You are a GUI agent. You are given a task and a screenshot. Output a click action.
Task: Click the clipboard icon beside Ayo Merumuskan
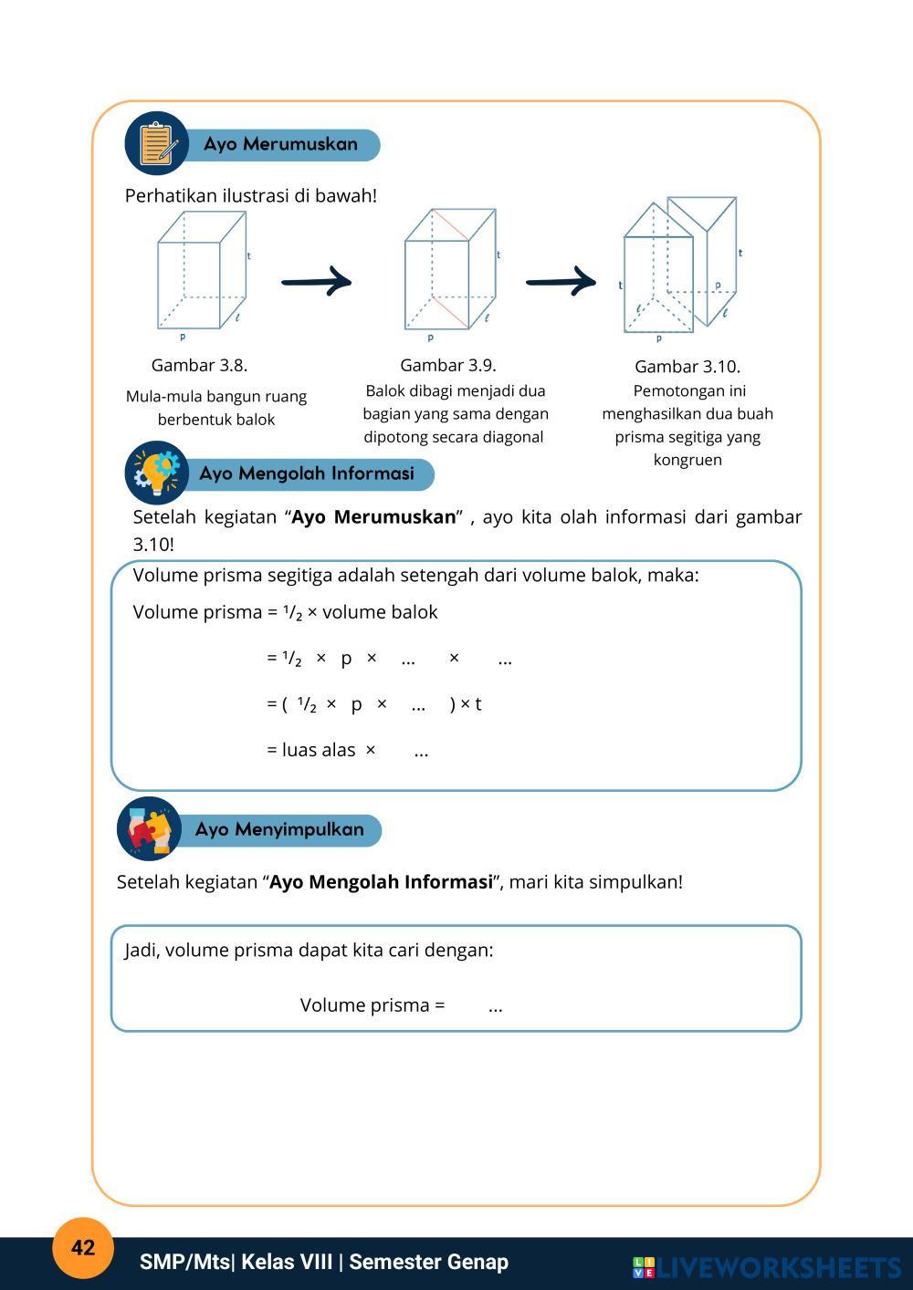pyautogui.click(x=156, y=144)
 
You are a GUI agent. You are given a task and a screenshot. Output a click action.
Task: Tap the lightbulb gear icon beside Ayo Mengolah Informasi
pyautogui.click(x=156, y=473)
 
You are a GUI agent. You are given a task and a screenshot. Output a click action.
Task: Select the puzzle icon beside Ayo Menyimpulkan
pyautogui.click(x=148, y=828)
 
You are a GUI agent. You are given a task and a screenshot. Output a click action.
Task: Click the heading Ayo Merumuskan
pyautogui.click(x=280, y=144)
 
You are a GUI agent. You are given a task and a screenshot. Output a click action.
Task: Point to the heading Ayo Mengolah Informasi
pyautogui.click(x=307, y=473)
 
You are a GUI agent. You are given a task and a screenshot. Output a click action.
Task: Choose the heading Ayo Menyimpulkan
pyautogui.click(x=279, y=829)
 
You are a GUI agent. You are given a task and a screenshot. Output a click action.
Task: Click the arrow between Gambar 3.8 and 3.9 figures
pyautogui.click(x=316, y=281)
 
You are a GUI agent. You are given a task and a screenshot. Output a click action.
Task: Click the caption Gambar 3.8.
pyautogui.click(x=199, y=365)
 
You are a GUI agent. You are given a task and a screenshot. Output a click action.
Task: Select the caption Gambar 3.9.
pyautogui.click(x=448, y=365)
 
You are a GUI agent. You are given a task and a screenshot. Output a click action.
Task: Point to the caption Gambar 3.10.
pyautogui.click(x=687, y=366)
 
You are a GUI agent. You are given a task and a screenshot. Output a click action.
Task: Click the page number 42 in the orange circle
pyautogui.click(x=82, y=1248)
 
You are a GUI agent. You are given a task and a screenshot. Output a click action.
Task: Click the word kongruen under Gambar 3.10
pyautogui.click(x=687, y=460)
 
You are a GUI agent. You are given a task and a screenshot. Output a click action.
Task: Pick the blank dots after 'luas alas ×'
pyautogui.click(x=421, y=752)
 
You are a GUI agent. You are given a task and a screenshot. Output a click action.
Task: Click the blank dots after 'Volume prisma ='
pyautogui.click(x=495, y=1006)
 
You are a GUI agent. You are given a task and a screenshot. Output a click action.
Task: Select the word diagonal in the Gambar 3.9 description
pyautogui.click(x=514, y=437)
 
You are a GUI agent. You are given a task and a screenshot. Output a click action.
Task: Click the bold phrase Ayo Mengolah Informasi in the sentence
pyautogui.click(x=381, y=882)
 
